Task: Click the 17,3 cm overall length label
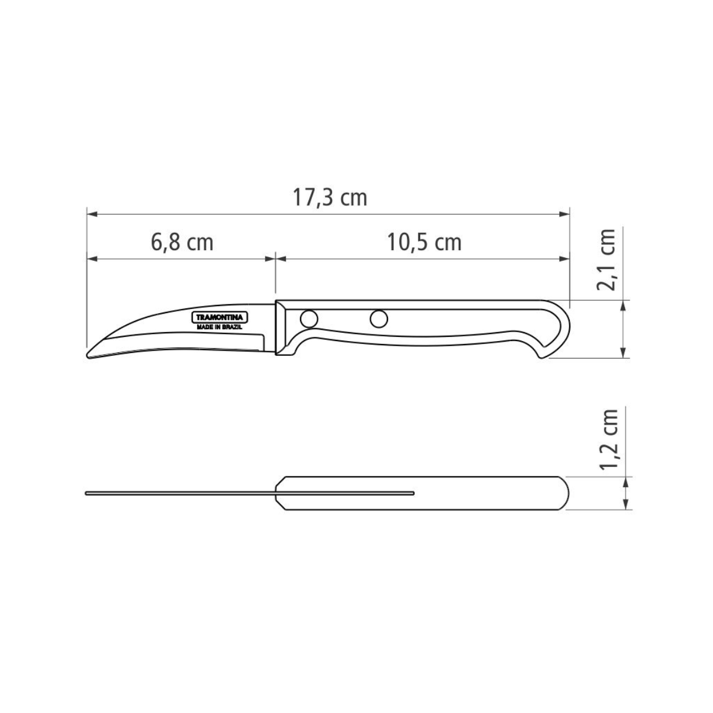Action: tap(330, 198)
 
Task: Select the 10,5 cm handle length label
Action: tap(424, 242)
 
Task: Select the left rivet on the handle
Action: tap(308, 319)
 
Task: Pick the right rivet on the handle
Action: tap(378, 319)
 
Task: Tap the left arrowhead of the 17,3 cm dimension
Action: tap(91, 213)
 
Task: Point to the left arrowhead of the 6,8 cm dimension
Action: tap(91, 258)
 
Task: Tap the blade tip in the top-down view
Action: tap(87, 493)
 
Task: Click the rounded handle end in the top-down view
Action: tap(564, 494)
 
